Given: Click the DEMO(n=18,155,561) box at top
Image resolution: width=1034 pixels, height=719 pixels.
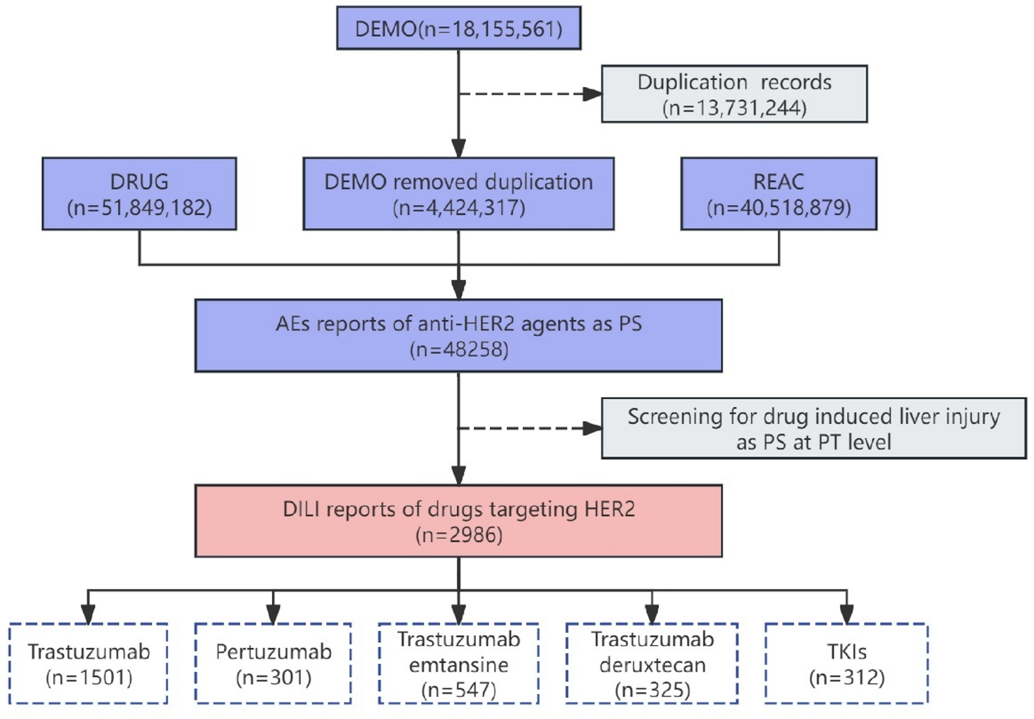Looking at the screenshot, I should (459, 28).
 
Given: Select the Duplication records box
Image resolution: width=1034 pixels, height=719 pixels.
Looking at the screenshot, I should (734, 94).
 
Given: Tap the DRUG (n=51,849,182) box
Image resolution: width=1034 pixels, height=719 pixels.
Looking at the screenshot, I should (139, 194).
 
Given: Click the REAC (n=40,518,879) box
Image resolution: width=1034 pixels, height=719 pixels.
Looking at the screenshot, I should (778, 194).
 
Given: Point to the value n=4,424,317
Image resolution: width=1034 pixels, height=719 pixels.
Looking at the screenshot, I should (459, 208).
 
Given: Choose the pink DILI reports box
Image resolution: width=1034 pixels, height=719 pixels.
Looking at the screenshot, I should (458, 521).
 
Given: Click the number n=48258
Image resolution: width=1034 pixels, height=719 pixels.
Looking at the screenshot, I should (459, 350).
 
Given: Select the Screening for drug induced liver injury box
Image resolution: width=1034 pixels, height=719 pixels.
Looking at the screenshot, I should (813, 428).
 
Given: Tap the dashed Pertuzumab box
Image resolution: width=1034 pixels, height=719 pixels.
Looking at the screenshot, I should (273, 663).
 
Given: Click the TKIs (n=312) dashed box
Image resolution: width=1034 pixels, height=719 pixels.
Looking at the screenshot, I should (846, 663).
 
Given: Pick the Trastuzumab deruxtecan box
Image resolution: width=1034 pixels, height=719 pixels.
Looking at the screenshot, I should (651, 663).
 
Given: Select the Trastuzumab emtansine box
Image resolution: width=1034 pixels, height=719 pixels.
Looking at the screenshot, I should (458, 663).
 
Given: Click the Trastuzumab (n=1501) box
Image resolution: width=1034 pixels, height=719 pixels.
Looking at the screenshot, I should (89, 663).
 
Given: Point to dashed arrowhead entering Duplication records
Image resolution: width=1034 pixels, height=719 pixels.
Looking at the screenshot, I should (592, 94).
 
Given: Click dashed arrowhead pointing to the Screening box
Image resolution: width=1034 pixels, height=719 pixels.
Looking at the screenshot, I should (592, 428).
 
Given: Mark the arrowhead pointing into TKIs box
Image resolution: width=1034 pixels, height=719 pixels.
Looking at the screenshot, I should (847, 614).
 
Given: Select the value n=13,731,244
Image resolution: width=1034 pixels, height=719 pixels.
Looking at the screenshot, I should (734, 108).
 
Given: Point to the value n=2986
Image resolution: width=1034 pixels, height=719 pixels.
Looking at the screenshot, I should (459, 535).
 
